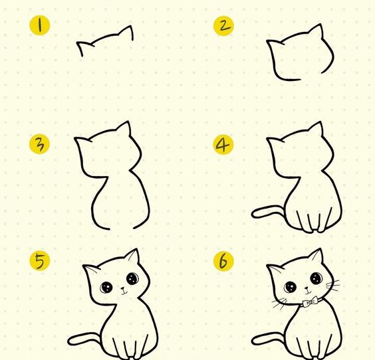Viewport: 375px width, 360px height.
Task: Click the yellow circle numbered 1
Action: [x=40, y=25]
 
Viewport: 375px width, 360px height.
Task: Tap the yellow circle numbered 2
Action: [x=223, y=26]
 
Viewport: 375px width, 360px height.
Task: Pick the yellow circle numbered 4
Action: [x=223, y=145]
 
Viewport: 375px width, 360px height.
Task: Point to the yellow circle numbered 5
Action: [x=40, y=260]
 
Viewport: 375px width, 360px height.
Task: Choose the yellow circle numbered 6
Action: [x=223, y=261]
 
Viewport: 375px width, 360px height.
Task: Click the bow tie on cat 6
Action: [x=311, y=302]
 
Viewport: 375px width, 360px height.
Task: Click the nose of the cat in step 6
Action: [x=307, y=288]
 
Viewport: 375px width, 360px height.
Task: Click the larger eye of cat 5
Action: [x=133, y=278]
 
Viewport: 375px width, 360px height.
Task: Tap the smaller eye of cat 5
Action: [x=106, y=287]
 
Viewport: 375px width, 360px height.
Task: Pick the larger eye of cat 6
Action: [x=316, y=278]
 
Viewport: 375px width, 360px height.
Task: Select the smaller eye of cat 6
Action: [x=291, y=287]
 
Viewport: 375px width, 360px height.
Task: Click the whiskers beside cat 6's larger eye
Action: [x=333, y=286]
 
